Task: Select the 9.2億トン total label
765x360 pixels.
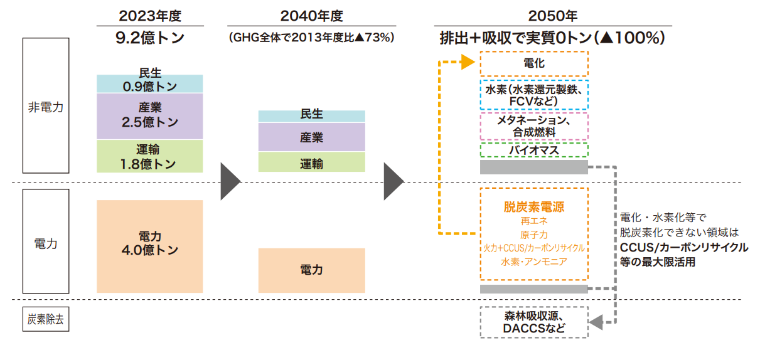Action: [149, 38]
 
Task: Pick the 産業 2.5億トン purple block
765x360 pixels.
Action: [149, 116]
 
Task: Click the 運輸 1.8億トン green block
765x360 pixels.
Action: [149, 156]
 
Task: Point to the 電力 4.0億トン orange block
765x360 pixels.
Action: [149, 246]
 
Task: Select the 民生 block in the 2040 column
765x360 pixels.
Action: [312, 116]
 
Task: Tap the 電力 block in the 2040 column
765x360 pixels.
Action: [312, 270]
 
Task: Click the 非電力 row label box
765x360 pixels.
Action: [46, 105]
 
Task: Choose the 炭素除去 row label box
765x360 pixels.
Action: [46, 319]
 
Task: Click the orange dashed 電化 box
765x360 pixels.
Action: [533, 63]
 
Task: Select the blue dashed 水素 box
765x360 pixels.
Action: [533, 95]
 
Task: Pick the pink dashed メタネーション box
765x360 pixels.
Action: [533, 126]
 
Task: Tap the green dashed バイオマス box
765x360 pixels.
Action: [533, 151]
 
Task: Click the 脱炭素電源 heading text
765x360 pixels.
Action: [533, 206]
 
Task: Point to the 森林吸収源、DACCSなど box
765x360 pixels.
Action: [533, 322]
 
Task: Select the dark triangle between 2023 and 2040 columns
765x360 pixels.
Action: [230, 182]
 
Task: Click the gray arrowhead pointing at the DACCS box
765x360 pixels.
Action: [596, 322]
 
